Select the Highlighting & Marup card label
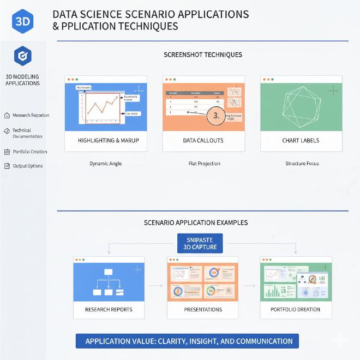coord(108,141)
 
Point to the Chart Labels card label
coord(301,141)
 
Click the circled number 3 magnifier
coord(216,116)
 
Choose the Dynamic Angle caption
coord(105,163)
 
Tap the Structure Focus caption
coord(302,163)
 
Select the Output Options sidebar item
coord(27,166)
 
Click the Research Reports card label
coord(109,310)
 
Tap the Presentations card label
coord(203,310)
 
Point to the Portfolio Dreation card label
coord(296,310)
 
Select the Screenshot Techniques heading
coord(203,55)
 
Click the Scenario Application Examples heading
coord(195,223)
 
